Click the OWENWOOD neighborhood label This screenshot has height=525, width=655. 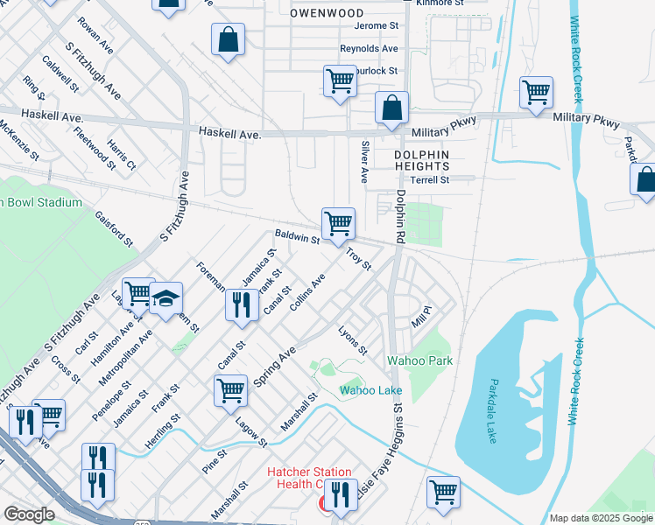click(327, 13)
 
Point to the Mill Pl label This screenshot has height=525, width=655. click(423, 316)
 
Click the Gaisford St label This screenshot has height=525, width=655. click(114, 227)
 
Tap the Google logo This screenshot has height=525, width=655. click(30, 514)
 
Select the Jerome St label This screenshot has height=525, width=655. click(376, 26)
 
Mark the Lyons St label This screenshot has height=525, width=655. click(353, 340)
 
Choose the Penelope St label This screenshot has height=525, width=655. click(114, 399)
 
